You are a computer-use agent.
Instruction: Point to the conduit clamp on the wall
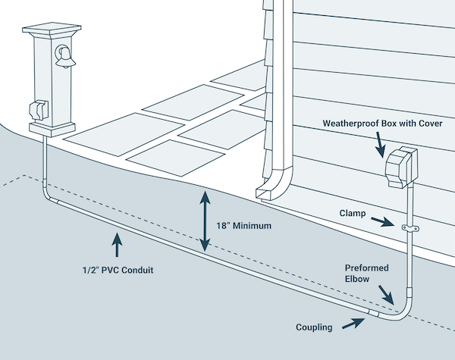[409, 227]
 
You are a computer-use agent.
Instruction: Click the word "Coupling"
[315, 327]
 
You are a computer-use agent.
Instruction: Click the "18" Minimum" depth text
[242, 226]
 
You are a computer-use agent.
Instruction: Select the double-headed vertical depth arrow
[203, 221]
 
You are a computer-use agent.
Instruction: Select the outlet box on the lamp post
[38, 113]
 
